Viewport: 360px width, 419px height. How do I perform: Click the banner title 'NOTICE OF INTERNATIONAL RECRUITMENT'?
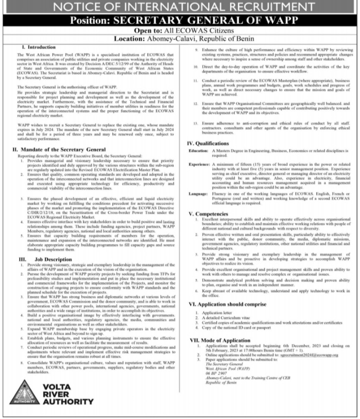tap(180, 7)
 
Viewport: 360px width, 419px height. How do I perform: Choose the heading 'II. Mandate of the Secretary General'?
tap(58, 149)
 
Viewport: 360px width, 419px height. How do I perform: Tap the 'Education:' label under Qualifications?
tap(198, 150)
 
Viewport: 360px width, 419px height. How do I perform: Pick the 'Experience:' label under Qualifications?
tap(199, 164)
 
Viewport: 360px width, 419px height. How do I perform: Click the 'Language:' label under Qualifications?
tap(198, 193)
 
